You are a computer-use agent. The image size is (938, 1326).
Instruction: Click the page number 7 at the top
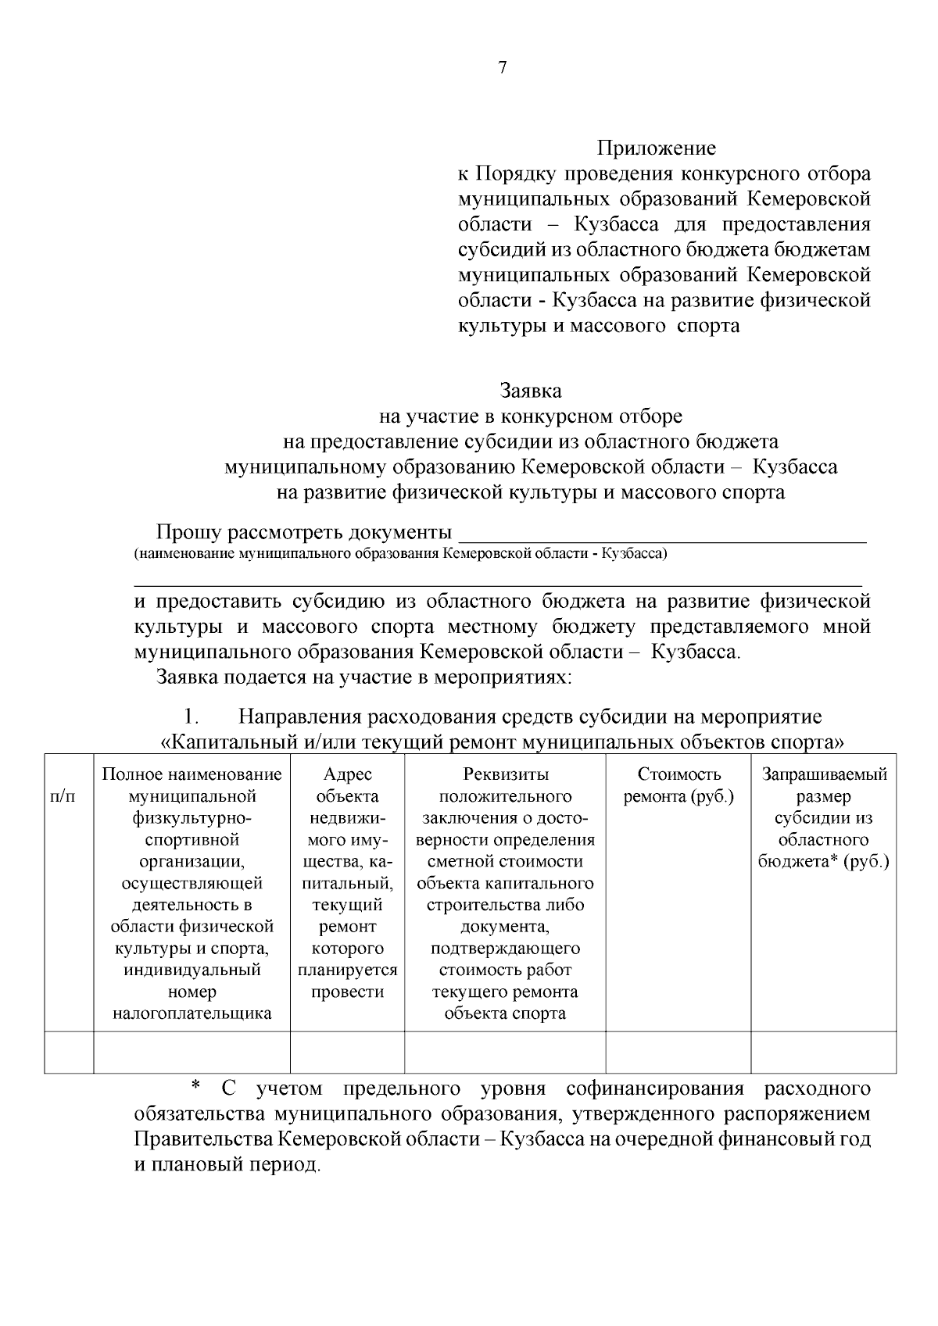click(x=502, y=68)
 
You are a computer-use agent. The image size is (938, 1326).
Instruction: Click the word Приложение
click(x=657, y=148)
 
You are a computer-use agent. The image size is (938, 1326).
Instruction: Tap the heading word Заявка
click(x=531, y=390)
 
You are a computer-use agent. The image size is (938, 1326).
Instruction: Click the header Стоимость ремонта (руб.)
click(x=678, y=785)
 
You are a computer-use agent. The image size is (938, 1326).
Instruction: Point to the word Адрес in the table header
click(x=347, y=774)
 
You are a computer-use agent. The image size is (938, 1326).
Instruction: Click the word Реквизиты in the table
click(x=505, y=774)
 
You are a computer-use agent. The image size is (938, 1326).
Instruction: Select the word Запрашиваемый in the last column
click(x=824, y=774)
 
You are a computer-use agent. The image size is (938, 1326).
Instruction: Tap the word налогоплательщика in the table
click(x=192, y=1014)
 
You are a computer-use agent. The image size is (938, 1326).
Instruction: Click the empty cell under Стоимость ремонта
click(x=678, y=1052)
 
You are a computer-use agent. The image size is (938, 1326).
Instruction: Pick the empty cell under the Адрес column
click(x=347, y=1052)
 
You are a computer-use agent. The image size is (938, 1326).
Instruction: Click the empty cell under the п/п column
click(x=69, y=1052)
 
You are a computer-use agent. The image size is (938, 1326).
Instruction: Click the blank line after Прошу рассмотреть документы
click(x=662, y=534)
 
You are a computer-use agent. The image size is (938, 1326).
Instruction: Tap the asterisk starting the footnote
click(x=196, y=1088)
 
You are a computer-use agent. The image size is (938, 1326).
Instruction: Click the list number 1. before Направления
click(x=192, y=717)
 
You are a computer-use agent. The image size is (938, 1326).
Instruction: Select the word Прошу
click(x=188, y=533)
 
